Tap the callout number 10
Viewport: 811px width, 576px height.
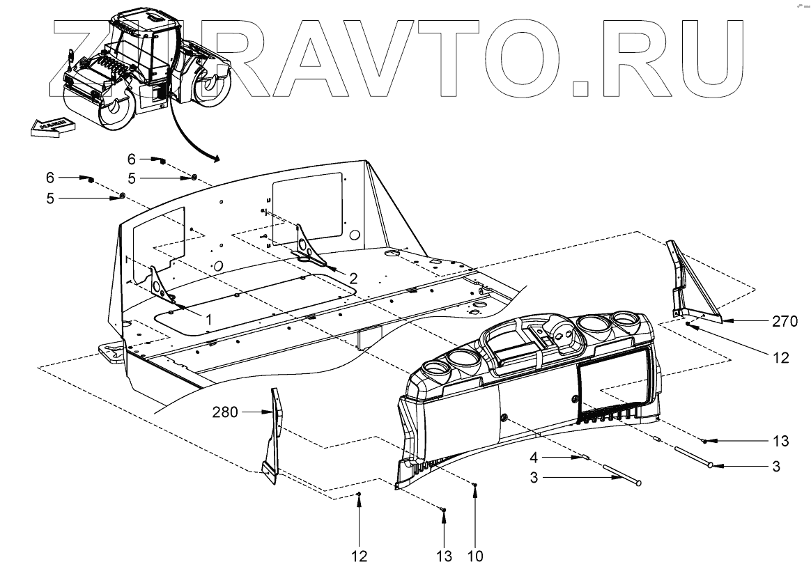coord(476,556)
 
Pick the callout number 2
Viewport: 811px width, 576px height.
coord(353,278)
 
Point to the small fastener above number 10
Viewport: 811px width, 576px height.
coord(475,484)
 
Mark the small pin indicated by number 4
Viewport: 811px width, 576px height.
coord(585,458)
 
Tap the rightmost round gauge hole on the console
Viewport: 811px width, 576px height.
coord(625,322)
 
